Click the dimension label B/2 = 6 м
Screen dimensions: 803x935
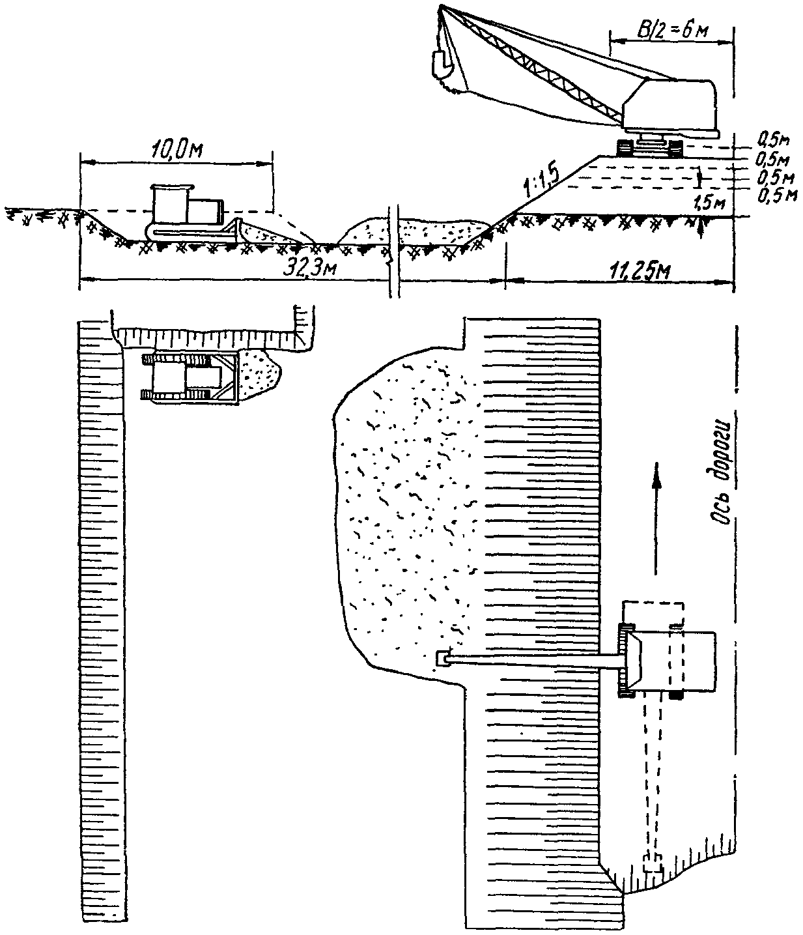point(672,31)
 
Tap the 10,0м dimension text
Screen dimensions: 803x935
point(176,150)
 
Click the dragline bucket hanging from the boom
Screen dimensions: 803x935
point(442,64)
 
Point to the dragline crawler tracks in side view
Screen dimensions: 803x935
point(650,148)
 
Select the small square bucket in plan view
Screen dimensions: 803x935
point(442,659)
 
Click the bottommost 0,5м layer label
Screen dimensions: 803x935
point(777,196)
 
